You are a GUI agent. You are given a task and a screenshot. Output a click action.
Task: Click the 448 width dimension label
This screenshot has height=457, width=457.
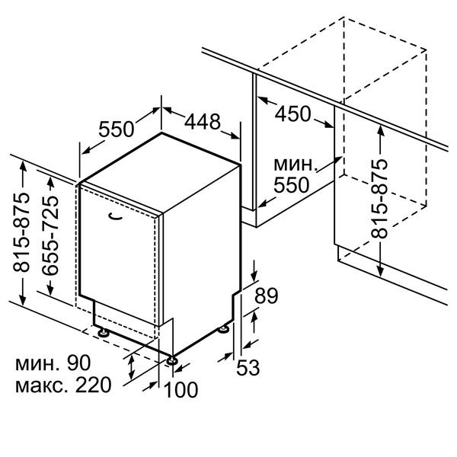(x=203, y=122)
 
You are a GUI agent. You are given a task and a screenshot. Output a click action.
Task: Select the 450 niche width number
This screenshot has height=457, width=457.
(x=292, y=114)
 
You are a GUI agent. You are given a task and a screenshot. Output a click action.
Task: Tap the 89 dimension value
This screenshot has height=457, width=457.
(x=267, y=296)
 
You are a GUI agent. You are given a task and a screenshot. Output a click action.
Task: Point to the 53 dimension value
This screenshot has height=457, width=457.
(x=248, y=368)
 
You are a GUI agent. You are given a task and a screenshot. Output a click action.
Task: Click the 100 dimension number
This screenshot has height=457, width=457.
(x=181, y=390)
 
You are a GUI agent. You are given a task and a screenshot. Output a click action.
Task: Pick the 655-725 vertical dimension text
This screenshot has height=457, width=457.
(x=50, y=235)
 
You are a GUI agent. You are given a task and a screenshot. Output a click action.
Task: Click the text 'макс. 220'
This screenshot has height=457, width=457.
(x=63, y=385)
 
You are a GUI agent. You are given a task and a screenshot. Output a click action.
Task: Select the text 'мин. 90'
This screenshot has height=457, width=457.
(x=53, y=363)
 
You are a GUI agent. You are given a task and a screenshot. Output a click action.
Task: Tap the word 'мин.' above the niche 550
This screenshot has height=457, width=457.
(x=296, y=165)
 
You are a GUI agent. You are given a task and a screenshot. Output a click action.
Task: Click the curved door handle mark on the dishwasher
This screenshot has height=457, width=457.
(x=115, y=217)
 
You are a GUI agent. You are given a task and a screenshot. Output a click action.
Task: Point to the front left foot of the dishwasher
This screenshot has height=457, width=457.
(x=103, y=333)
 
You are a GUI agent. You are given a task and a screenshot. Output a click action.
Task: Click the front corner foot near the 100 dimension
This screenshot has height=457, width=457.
(x=171, y=360)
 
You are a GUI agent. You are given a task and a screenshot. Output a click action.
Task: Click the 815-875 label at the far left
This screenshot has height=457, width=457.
(x=21, y=232)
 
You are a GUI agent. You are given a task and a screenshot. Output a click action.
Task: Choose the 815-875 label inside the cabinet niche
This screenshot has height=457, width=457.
(x=379, y=199)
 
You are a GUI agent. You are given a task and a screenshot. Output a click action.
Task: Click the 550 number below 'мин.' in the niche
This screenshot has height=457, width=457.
(x=291, y=185)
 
